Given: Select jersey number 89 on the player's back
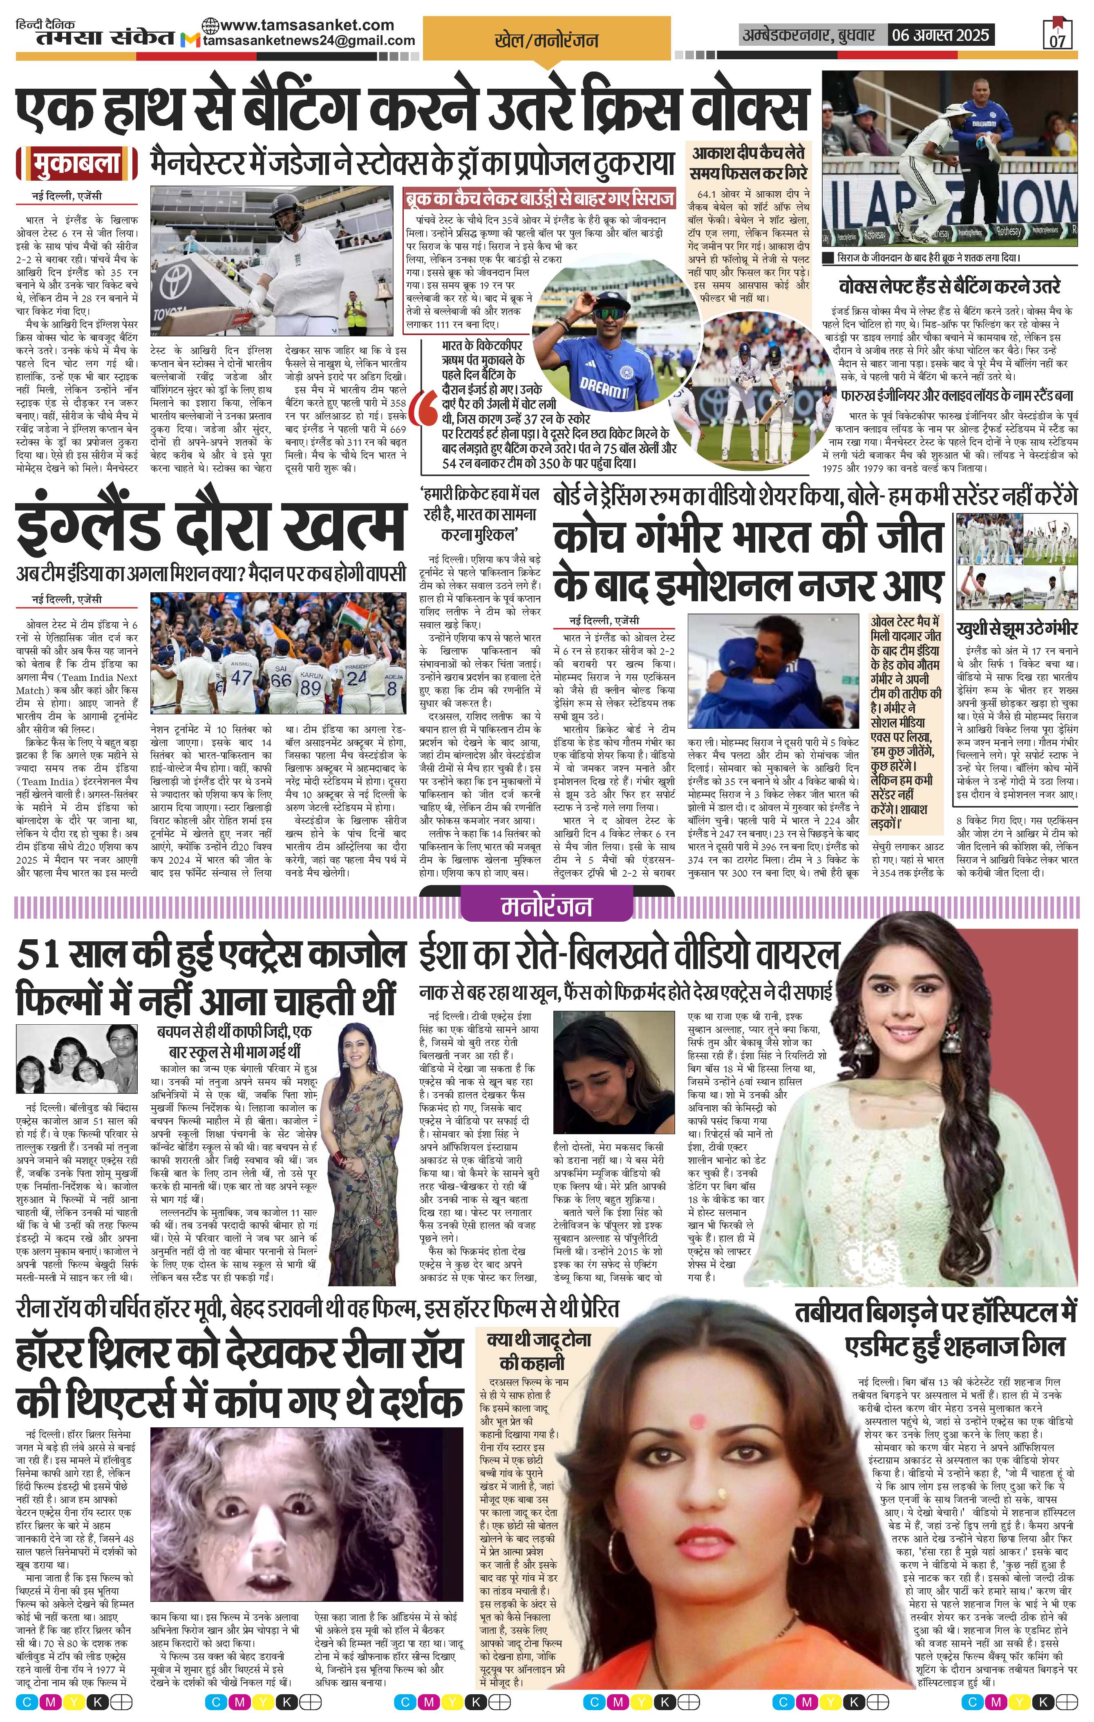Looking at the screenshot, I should point(310,687).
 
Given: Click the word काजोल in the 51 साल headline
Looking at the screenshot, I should point(356,955).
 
